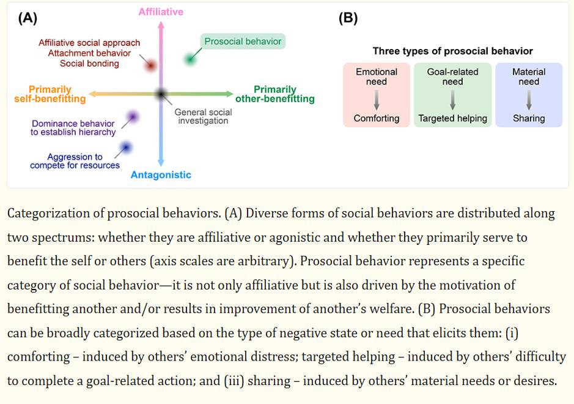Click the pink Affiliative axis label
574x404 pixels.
pyautogui.click(x=161, y=12)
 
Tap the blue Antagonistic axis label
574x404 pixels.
pyautogui.click(x=161, y=175)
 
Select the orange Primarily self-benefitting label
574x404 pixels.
pyautogui.click(x=50, y=94)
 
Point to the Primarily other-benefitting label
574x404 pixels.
pyautogui.click(x=275, y=94)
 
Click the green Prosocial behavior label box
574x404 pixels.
pyautogui.click(x=243, y=42)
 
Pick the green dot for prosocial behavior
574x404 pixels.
pyautogui.click(x=191, y=59)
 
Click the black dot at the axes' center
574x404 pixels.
pyautogui.click(x=161, y=94)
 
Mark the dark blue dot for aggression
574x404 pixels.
pyautogui.click(x=126, y=147)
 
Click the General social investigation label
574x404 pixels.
pyautogui.click(x=203, y=116)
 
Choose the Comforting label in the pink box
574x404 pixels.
pyautogui.click(x=377, y=118)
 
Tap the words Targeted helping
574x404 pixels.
pyautogui.click(x=452, y=118)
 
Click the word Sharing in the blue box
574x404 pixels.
pyautogui.click(x=529, y=118)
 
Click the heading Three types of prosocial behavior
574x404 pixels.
pyautogui.click(x=452, y=51)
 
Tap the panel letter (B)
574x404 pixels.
pyautogui.click(x=348, y=18)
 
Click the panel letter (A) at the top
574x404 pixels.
pyautogui.click(x=28, y=18)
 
